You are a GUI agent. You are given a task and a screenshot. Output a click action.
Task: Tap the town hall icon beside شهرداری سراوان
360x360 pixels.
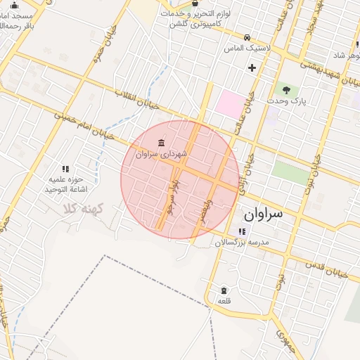(x=162, y=143)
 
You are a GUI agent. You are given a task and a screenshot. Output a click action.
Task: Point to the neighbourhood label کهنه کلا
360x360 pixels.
(x=82, y=209)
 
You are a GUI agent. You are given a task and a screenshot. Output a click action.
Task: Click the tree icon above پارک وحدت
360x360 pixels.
(x=285, y=89)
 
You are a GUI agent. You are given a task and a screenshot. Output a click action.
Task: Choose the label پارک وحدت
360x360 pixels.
(x=285, y=101)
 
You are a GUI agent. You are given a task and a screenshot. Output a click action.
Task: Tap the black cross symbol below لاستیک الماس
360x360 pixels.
(x=252, y=67)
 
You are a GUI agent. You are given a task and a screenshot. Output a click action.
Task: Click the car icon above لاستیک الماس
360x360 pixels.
(x=246, y=37)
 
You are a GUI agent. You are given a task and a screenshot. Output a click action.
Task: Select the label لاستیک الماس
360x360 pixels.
(x=247, y=49)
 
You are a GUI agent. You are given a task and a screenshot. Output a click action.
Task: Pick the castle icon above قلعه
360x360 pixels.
(x=224, y=290)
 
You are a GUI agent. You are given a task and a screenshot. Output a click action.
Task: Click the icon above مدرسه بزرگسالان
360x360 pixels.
(x=242, y=231)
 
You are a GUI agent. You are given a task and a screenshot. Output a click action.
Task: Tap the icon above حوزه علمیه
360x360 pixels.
(x=65, y=169)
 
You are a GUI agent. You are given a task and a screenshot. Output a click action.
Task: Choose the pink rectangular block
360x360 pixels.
(x=227, y=104)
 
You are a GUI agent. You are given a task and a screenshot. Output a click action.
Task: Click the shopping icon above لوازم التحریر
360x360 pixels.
(x=195, y=3)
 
